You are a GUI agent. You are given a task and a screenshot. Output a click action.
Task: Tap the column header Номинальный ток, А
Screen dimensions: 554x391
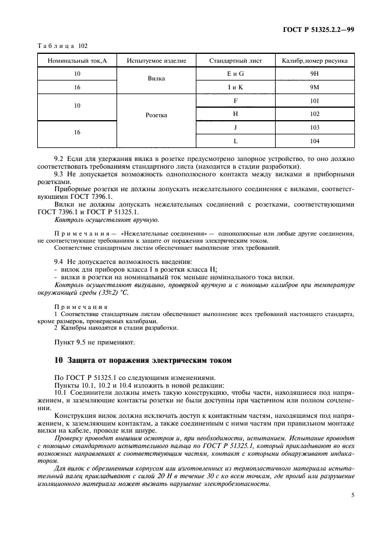tap(77, 61)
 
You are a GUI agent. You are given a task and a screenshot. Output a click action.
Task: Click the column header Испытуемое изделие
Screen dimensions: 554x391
tap(157, 61)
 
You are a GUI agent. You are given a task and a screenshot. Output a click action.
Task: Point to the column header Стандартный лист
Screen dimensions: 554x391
tap(235, 61)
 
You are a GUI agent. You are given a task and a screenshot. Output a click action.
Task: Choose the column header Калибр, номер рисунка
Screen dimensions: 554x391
tap(314, 61)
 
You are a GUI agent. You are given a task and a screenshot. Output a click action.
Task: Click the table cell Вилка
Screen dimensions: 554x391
tap(157, 80)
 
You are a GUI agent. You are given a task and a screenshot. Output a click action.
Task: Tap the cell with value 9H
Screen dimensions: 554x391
tap(314, 74)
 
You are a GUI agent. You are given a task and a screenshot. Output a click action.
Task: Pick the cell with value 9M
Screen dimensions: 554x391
tap(314, 87)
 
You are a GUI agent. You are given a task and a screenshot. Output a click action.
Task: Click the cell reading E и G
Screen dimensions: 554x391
tap(235, 74)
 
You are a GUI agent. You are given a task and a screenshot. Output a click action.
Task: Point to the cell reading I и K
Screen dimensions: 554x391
tap(235, 87)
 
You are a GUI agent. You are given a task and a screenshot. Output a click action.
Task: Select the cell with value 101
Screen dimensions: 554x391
tap(314, 101)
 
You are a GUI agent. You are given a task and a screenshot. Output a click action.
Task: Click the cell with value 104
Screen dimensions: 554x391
tap(314, 141)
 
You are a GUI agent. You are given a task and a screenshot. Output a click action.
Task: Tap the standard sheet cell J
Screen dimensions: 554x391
tap(235, 127)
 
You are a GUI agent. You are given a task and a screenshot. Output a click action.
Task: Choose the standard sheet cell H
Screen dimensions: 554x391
tap(235, 114)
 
